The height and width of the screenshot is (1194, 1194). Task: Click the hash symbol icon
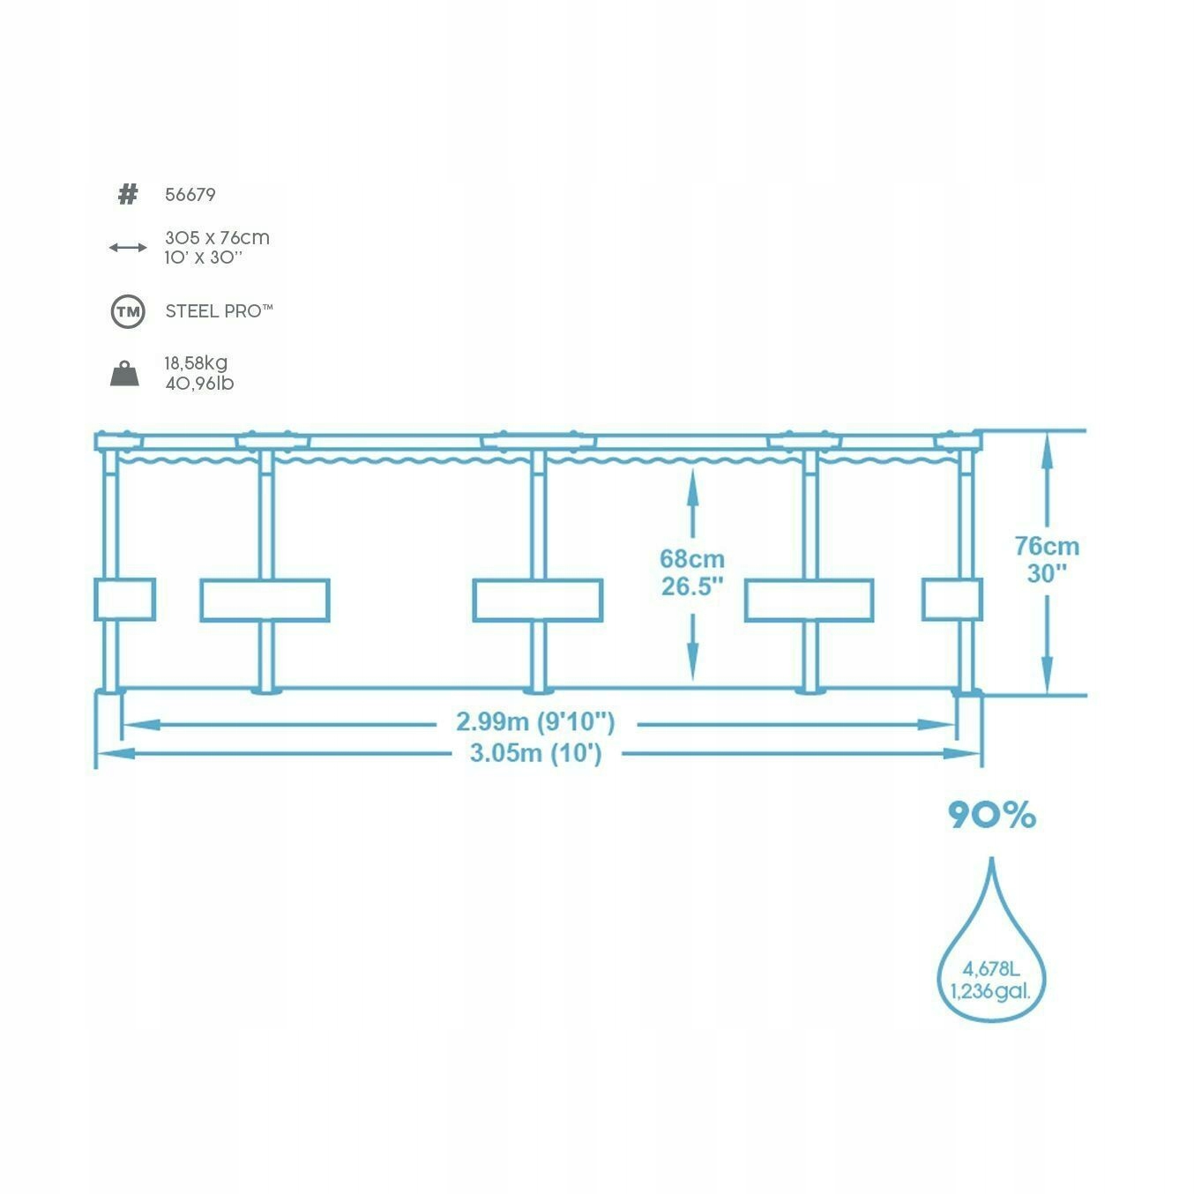click(128, 195)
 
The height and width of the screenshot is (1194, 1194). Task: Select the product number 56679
click(190, 195)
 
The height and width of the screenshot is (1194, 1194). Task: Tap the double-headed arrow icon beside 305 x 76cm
click(128, 248)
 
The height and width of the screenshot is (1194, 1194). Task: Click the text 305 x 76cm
click(217, 238)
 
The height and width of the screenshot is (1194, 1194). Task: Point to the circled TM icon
click(128, 311)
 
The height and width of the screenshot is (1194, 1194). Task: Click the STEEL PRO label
click(219, 311)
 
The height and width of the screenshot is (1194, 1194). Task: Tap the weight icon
click(124, 374)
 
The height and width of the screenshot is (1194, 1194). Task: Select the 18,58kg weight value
click(196, 363)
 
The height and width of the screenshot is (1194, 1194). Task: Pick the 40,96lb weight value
click(199, 384)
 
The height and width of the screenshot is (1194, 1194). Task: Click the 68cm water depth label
click(692, 559)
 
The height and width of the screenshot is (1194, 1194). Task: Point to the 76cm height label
click(1047, 547)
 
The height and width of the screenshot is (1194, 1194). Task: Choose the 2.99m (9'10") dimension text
click(536, 722)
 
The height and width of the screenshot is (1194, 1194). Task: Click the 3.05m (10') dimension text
click(536, 753)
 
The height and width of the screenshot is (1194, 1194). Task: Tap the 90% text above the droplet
click(992, 815)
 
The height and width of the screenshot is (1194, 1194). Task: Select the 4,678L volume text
click(991, 968)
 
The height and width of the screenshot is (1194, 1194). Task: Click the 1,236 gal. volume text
click(991, 991)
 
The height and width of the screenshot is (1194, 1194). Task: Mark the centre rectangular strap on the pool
click(537, 600)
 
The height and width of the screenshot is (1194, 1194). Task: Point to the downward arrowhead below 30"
click(1047, 676)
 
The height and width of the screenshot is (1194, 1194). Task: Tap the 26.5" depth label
click(693, 586)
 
